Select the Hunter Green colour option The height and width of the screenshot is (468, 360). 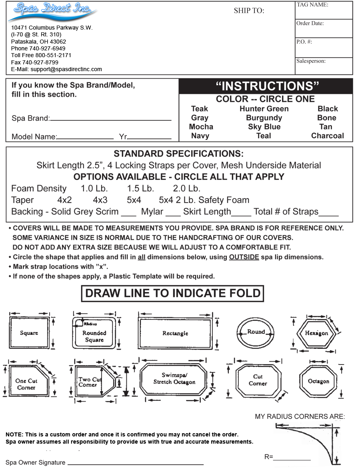pyautogui.click(x=264, y=109)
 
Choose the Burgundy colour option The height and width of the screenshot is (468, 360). pyautogui.click(x=264, y=118)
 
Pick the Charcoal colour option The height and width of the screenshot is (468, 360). pyautogui.click(x=327, y=136)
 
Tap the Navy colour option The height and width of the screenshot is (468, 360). pyautogui.click(x=200, y=136)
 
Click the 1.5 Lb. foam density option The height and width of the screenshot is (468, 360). pyautogui.click(x=140, y=189)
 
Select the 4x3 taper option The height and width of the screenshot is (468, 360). pyautogui.click(x=100, y=200)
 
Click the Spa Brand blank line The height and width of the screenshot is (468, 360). pyautogui.click(x=111, y=119)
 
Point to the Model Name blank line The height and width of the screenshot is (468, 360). pyautogui.click(x=85, y=138)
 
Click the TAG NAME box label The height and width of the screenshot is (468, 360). pyautogui.click(x=312, y=5)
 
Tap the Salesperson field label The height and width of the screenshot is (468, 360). pyautogui.click(x=311, y=61)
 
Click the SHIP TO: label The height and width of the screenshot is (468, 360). pyautogui.click(x=249, y=11)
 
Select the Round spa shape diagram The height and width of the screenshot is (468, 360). pyautogui.click(x=256, y=333)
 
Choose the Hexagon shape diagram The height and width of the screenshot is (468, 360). pyautogui.click(x=316, y=333)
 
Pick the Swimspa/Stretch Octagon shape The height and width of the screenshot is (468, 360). pyautogui.click(x=174, y=378)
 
